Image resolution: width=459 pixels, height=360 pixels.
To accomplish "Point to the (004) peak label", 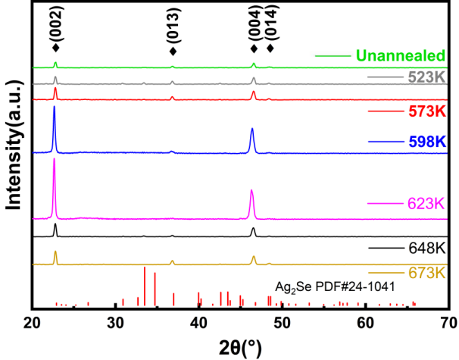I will coord(254,22).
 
